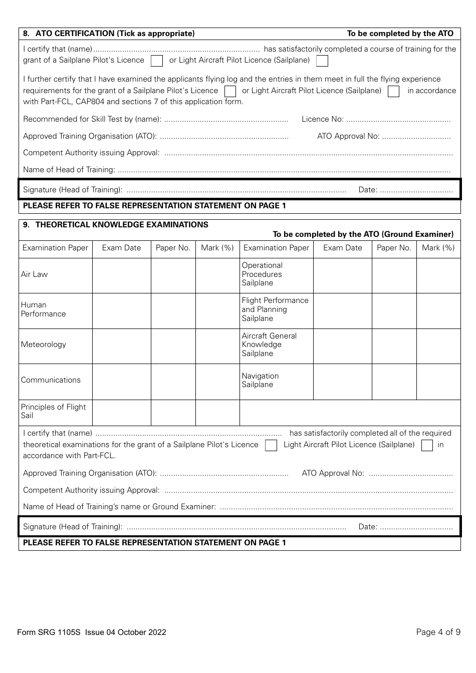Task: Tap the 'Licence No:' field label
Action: [x=322, y=119]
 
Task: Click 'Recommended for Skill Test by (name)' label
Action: [x=92, y=119]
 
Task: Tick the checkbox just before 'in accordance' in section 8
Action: [x=394, y=91]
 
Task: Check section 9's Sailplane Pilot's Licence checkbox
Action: [x=271, y=445]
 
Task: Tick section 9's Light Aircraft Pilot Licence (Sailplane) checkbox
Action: [x=427, y=445]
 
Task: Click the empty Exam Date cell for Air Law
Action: [x=122, y=275]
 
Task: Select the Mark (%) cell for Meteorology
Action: [x=217, y=346]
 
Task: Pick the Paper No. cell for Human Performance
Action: [x=173, y=310]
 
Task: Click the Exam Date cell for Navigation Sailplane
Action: [x=343, y=382]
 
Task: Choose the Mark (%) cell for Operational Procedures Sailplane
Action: [x=438, y=275]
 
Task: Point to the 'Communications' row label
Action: [x=51, y=380]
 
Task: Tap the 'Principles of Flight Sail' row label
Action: [x=54, y=411]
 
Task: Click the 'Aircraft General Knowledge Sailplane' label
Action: [x=269, y=345]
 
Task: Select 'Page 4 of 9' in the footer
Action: [x=438, y=632]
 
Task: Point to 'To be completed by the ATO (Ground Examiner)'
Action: [x=363, y=234]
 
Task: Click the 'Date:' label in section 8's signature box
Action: [x=368, y=190]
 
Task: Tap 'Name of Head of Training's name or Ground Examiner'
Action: [x=119, y=507]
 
